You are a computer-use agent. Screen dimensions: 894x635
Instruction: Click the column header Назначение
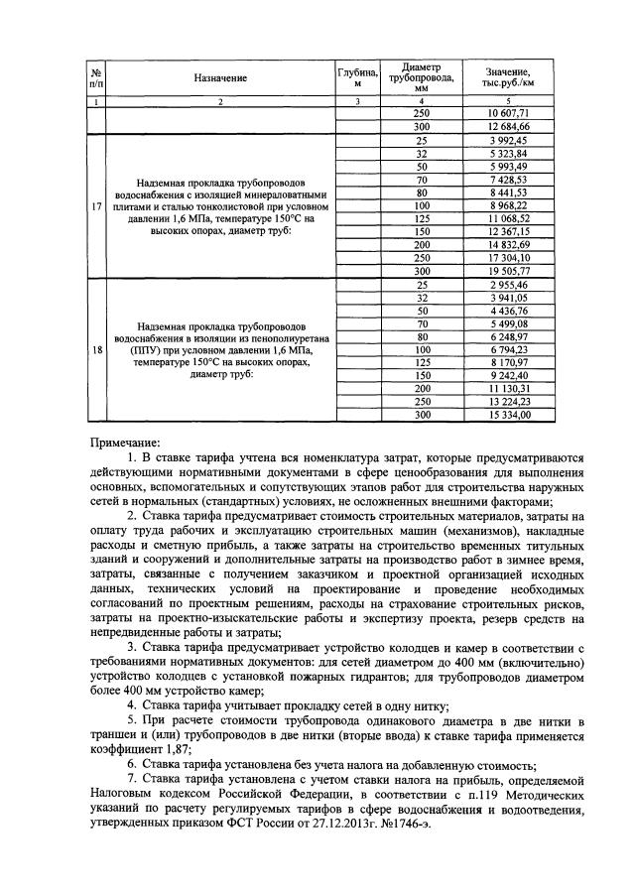pos(220,76)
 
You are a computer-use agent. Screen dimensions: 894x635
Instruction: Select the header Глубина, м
pos(358,76)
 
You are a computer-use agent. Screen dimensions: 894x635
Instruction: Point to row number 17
pos(95,206)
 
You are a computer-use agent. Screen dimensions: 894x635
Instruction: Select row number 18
pos(95,349)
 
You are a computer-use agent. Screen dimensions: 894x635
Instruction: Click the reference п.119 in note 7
pos(425,796)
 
